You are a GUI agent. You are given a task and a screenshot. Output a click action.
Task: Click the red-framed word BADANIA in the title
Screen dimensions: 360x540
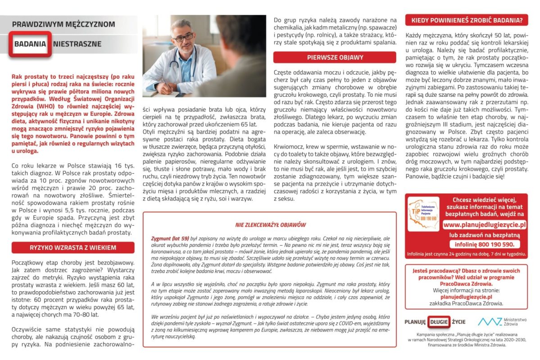[x=30, y=44]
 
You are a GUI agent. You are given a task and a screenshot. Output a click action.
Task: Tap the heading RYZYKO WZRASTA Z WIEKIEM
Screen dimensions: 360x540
[x=73, y=247]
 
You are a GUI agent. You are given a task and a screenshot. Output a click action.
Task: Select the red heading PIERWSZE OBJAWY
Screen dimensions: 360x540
[x=335, y=58]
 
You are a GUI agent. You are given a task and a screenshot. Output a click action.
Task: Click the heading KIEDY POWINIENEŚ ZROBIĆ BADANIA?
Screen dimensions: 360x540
[x=466, y=20]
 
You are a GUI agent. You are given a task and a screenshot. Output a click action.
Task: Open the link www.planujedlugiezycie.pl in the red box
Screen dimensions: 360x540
[x=485, y=224]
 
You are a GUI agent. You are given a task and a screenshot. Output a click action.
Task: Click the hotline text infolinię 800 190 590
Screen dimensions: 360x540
[x=485, y=244]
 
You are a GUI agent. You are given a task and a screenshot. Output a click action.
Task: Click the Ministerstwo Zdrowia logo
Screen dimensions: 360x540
[x=502, y=321]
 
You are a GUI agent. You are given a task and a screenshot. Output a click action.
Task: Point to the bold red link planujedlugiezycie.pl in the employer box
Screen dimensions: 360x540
[x=466, y=297]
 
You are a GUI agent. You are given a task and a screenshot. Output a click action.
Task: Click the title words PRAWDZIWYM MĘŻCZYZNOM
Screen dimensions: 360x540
[x=64, y=24]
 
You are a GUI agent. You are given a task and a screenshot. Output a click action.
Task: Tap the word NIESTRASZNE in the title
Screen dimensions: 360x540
[x=77, y=44]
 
